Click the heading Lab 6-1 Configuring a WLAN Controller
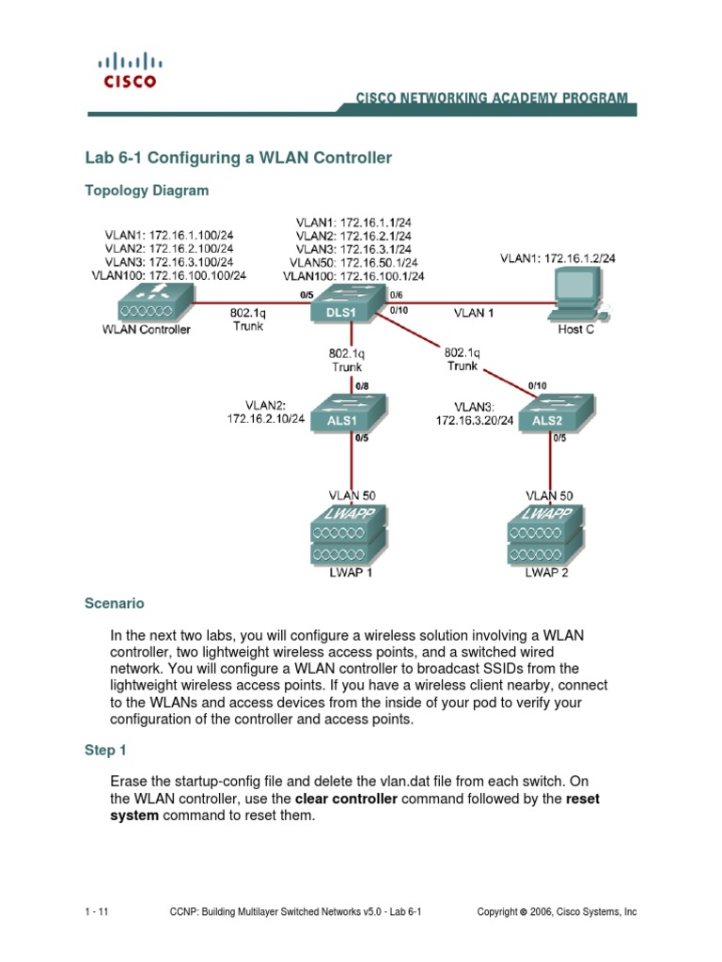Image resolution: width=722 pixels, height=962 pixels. pyautogui.click(x=239, y=158)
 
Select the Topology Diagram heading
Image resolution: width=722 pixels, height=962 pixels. pyautogui.click(x=147, y=190)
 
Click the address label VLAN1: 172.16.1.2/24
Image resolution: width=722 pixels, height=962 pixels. pyautogui.click(x=557, y=257)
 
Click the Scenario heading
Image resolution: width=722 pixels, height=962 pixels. pyautogui.click(x=115, y=603)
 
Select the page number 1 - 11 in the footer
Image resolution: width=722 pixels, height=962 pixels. pyautogui.click(x=97, y=911)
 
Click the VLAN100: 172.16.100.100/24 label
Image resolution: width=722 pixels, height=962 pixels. pyautogui.click(x=169, y=276)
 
